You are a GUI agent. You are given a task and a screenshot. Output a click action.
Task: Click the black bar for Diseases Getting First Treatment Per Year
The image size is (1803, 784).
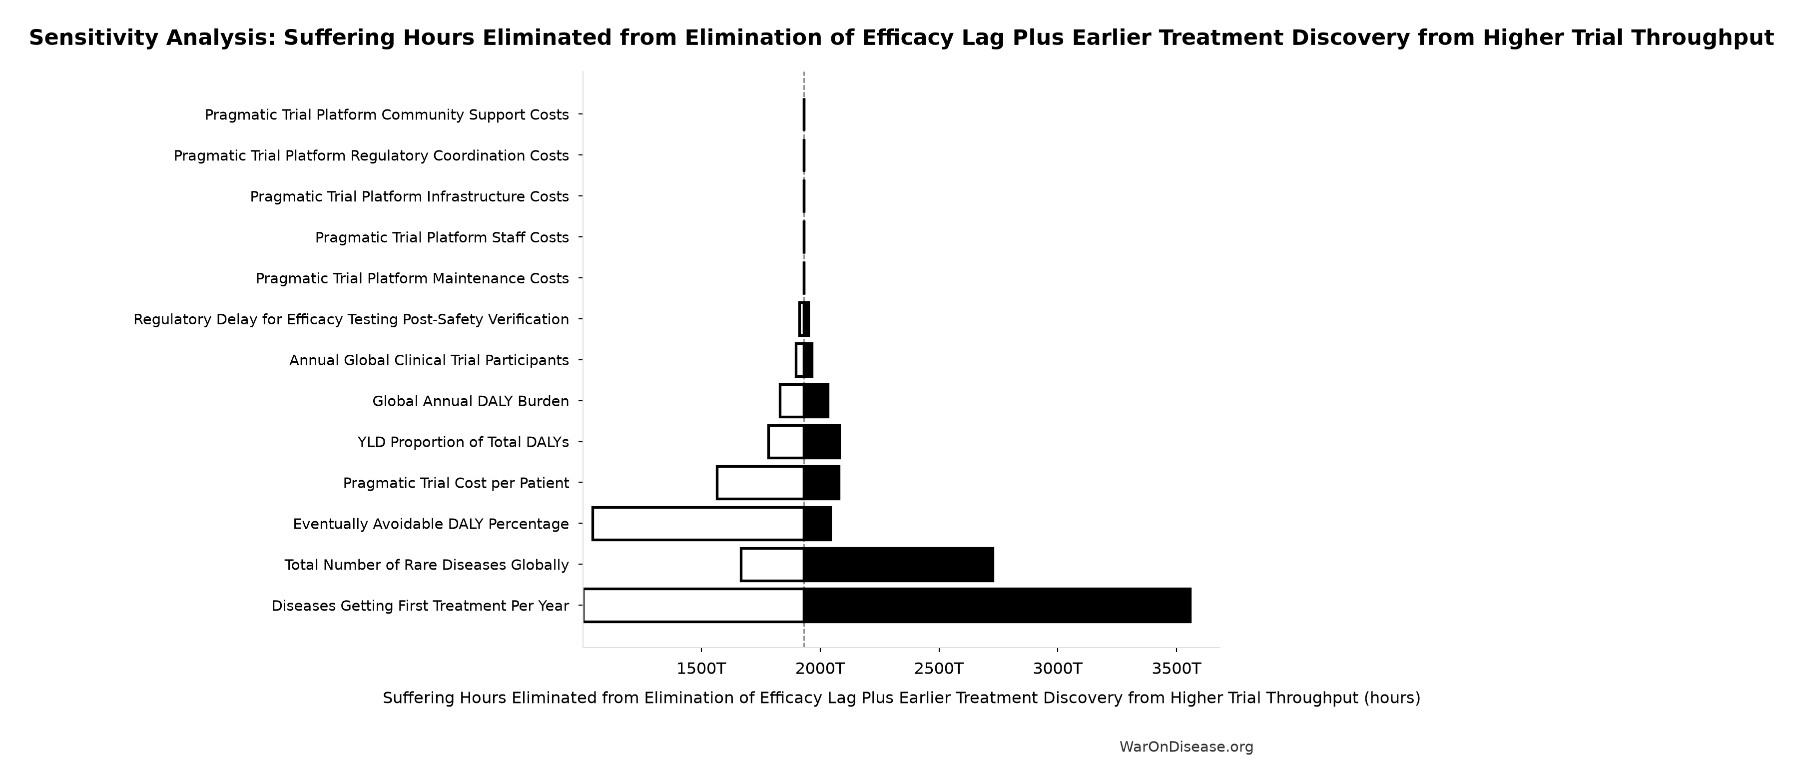coord(997,606)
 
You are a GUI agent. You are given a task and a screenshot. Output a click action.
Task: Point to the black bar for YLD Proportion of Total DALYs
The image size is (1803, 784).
coord(822,442)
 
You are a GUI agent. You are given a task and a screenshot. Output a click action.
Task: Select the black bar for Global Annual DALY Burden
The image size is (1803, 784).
coord(816,401)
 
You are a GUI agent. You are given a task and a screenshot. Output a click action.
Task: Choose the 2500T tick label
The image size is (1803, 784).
coord(939,669)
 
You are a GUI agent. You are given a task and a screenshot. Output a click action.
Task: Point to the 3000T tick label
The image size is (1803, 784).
coord(1058,669)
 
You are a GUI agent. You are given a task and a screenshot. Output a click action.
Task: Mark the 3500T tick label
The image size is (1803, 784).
coord(1176,669)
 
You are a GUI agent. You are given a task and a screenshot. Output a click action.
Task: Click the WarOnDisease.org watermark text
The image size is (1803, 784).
coord(1187,747)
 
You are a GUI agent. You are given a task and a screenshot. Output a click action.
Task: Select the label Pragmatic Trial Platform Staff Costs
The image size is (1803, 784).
coord(442,238)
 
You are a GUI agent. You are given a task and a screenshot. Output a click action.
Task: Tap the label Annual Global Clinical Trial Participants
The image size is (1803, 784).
coord(429,360)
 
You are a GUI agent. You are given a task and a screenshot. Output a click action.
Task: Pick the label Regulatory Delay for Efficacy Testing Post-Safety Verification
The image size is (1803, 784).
coord(351,320)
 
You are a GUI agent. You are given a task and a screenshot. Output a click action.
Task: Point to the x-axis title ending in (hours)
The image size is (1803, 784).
coord(901,699)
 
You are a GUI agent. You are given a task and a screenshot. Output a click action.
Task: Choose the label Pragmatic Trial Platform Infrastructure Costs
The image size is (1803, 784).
coord(410,197)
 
